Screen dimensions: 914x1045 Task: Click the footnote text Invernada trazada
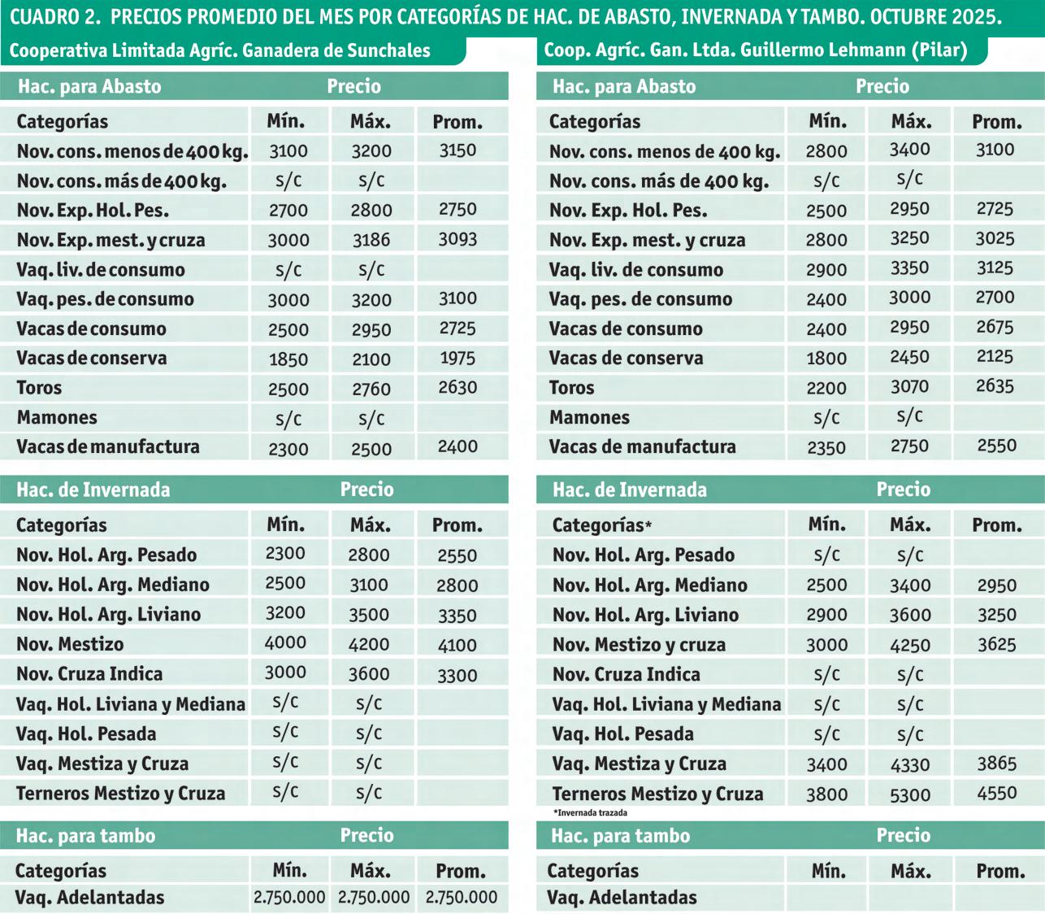(x=591, y=812)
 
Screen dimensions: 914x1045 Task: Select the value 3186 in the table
(x=371, y=240)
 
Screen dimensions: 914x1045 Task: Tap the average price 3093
(x=457, y=239)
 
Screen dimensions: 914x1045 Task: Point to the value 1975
(x=457, y=358)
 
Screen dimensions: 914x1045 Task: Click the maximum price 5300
(x=910, y=794)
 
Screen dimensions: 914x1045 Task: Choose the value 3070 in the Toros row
(x=909, y=387)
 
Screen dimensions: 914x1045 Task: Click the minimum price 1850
(x=288, y=359)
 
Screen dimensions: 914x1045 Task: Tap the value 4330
(x=910, y=764)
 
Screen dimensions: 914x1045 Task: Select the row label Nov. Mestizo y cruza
(x=639, y=645)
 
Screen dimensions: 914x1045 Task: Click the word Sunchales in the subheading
(x=387, y=50)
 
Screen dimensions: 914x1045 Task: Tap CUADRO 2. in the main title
(x=55, y=17)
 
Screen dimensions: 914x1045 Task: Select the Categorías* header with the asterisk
(x=602, y=525)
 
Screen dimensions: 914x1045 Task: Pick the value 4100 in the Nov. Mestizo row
(x=457, y=645)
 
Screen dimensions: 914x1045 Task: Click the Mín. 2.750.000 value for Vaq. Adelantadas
(x=289, y=897)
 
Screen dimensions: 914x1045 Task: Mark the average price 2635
(x=995, y=385)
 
